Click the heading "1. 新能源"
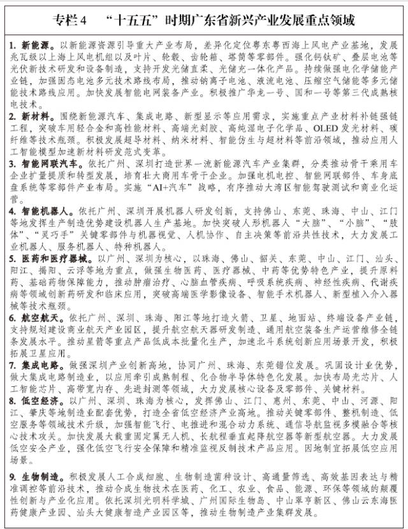(32, 47)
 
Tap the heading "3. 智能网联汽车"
(44, 164)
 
